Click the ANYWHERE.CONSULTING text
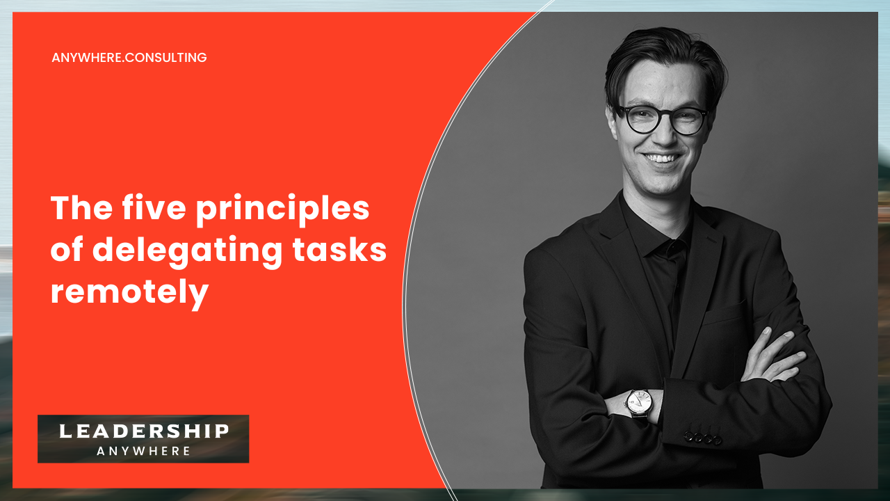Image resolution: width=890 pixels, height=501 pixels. pyautogui.click(x=129, y=58)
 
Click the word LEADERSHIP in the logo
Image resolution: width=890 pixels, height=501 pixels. pyautogui.click(x=144, y=431)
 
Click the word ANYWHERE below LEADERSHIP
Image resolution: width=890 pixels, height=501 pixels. pyautogui.click(x=144, y=451)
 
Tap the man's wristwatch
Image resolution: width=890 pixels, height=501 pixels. pyautogui.click(x=638, y=401)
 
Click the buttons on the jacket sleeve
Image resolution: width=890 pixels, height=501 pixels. pyautogui.click(x=702, y=438)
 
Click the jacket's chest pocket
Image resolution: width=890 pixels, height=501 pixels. pyautogui.click(x=723, y=315)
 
